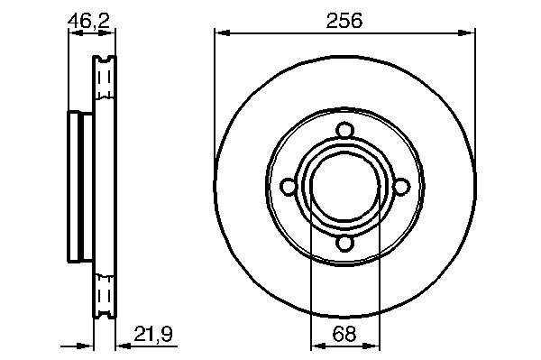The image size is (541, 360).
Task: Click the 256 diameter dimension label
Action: tap(344, 21)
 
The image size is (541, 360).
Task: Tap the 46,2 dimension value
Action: tap(88, 21)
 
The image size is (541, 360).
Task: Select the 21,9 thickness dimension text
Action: tap(153, 334)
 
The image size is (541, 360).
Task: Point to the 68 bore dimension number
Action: tap(344, 334)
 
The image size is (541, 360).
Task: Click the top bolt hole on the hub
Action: tap(345, 131)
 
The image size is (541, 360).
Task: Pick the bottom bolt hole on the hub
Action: tap(345, 243)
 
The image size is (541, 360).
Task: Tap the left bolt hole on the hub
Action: tap(289, 187)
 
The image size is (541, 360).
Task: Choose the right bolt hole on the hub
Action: tap(402, 187)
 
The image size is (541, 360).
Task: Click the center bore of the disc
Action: tap(345, 187)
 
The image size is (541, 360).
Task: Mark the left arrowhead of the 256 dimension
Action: tap(222, 32)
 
